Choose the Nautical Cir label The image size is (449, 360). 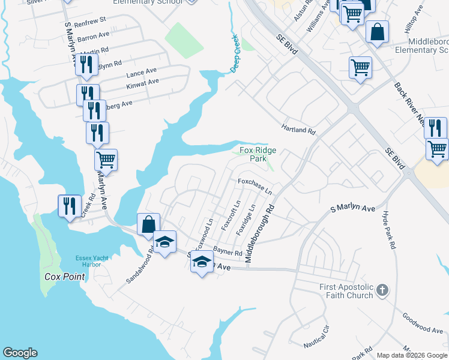coord(317,343)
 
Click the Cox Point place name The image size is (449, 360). coord(64,277)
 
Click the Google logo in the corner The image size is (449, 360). coord(20,353)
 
